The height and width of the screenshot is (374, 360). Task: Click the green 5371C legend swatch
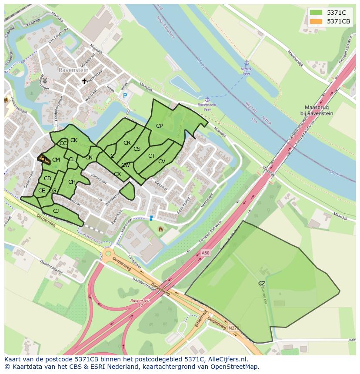tap(316, 13)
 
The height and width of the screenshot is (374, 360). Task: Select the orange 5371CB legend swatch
tap(316, 21)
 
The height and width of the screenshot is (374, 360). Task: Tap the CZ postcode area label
tap(262, 284)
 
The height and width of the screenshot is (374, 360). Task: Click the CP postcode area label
tap(159, 126)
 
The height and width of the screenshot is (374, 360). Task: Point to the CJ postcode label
tap(56, 211)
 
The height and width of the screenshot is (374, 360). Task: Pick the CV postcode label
tap(162, 162)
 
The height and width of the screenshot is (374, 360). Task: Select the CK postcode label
tap(74, 140)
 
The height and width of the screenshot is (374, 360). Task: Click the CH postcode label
tap(72, 182)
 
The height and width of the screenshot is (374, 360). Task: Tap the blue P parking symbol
tap(125, 96)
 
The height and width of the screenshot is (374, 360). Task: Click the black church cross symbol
tap(84, 81)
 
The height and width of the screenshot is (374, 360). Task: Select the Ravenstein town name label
tap(73, 70)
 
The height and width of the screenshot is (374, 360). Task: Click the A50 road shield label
tap(206, 253)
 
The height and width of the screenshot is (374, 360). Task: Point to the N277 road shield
tap(233, 328)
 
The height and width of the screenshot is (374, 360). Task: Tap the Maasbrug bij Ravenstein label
tap(319, 110)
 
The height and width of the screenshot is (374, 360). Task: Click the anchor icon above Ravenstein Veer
tap(207, 99)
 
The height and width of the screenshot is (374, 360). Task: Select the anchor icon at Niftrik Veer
tap(247, 63)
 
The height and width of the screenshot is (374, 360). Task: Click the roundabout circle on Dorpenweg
tap(108, 254)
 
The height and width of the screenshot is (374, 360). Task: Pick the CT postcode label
tap(151, 156)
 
